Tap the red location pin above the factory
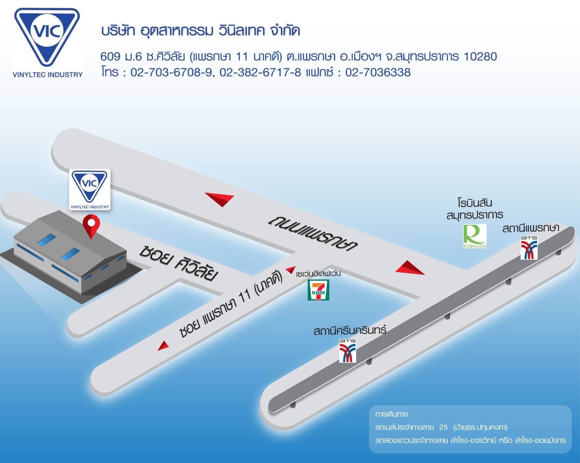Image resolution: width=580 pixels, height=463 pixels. coord(91,226)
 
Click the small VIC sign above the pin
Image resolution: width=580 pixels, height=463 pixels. coord(90,190)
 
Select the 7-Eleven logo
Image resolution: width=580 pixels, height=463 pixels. coord(319,290)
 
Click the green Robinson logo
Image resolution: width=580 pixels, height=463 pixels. coord(475,236)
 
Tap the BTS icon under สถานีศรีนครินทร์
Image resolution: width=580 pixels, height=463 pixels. coord(348,351)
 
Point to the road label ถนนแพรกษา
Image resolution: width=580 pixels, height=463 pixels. coord(313,235)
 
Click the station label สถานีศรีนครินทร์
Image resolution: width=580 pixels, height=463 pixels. coord(350,330)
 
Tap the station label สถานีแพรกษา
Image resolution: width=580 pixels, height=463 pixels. coord(531,228)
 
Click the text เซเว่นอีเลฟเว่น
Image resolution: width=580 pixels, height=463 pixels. coord(318,273)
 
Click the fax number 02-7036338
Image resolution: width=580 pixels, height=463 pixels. coord(378,73)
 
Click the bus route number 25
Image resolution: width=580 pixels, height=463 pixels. coord(443,427)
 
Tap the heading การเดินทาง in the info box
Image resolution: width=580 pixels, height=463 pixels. coord(392,414)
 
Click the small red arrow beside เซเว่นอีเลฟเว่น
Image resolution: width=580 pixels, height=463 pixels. coord(290,269)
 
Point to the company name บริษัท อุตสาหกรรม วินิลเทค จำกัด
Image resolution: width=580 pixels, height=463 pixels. coord(201,31)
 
